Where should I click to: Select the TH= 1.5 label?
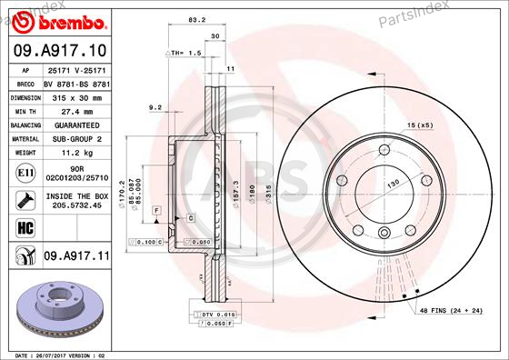182,54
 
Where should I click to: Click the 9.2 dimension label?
155,107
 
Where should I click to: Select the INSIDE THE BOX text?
76,195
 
